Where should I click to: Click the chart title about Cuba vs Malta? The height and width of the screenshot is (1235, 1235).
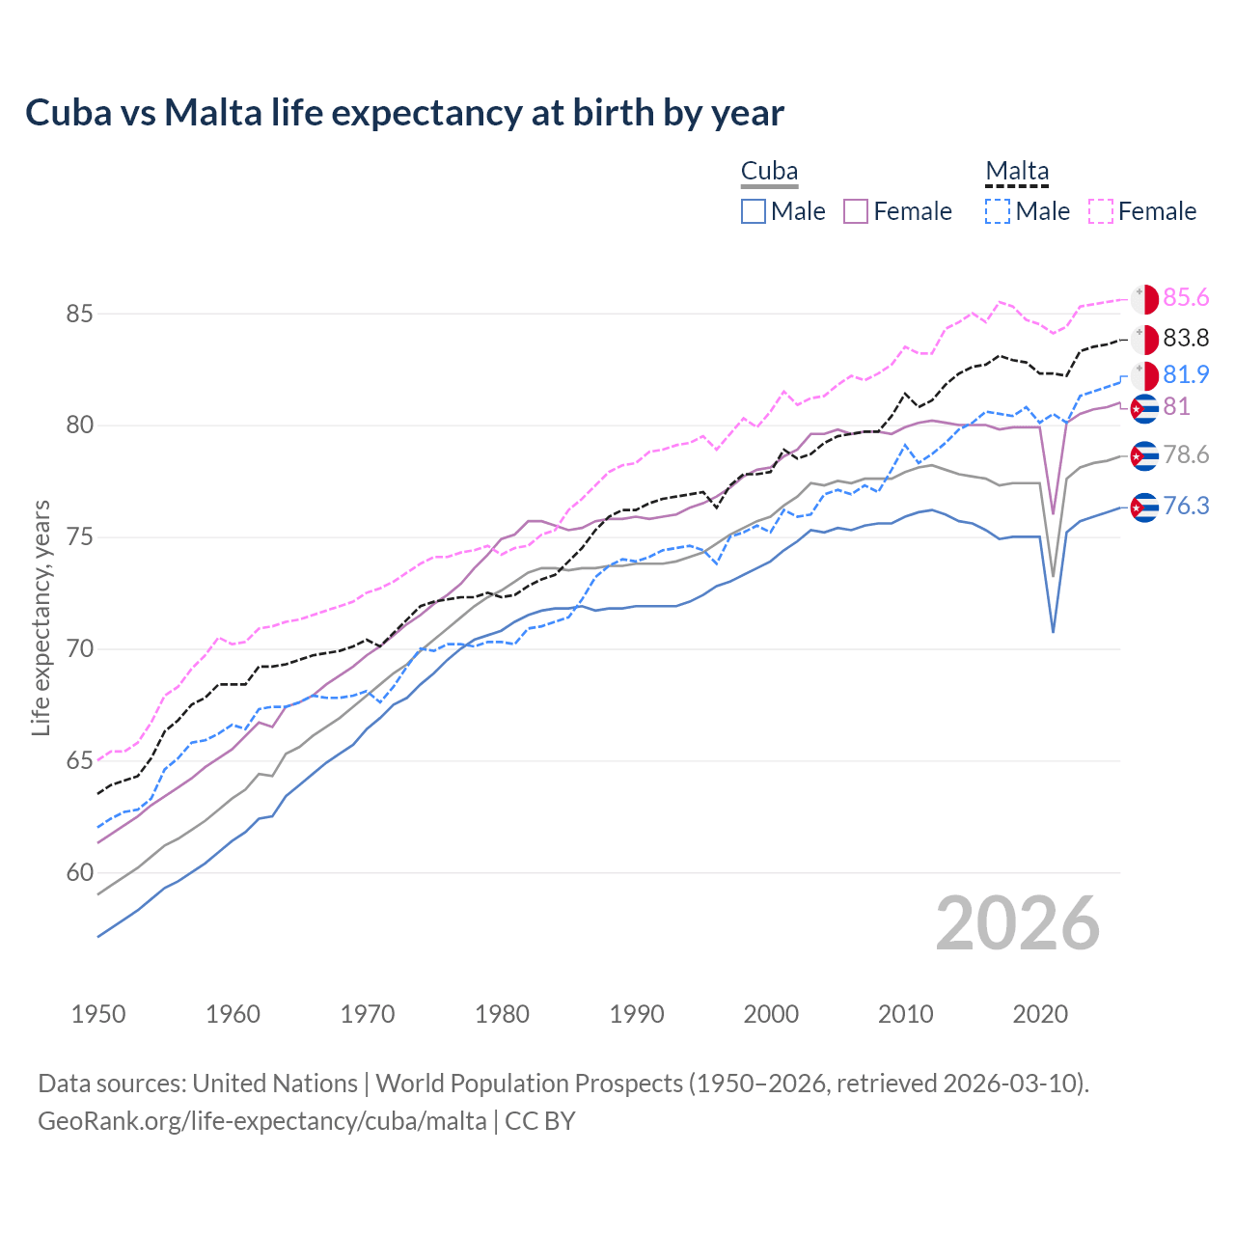click(x=404, y=113)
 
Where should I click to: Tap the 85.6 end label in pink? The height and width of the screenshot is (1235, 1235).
click(x=1186, y=298)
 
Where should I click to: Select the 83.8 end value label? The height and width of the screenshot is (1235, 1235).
click(x=1186, y=339)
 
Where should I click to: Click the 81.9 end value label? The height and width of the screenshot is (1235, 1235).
click(x=1186, y=374)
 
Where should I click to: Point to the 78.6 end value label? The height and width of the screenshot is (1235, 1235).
click(x=1186, y=455)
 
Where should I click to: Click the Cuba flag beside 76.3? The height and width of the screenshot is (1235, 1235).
click(x=1144, y=507)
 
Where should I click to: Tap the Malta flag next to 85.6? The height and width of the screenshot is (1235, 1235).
click(x=1144, y=299)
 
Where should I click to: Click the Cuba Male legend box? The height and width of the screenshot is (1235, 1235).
click(x=754, y=211)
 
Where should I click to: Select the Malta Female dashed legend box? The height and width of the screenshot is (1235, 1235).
click(x=1101, y=211)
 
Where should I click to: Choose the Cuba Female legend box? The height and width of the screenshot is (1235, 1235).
click(x=856, y=211)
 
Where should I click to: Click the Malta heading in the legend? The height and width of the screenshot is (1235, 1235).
click(x=1017, y=172)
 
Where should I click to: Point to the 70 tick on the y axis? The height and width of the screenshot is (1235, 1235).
click(x=80, y=649)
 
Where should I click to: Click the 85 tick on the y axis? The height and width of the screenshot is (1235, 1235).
click(x=80, y=315)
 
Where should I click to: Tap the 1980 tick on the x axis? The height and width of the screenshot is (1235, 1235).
click(x=502, y=1014)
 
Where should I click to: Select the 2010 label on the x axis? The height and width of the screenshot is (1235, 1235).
click(x=905, y=1014)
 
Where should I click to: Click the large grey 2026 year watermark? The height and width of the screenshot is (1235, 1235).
click(x=1018, y=924)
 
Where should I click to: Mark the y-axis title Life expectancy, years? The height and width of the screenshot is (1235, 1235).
click(x=41, y=617)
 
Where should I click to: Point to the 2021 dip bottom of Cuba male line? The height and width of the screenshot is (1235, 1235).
click(x=1053, y=632)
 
